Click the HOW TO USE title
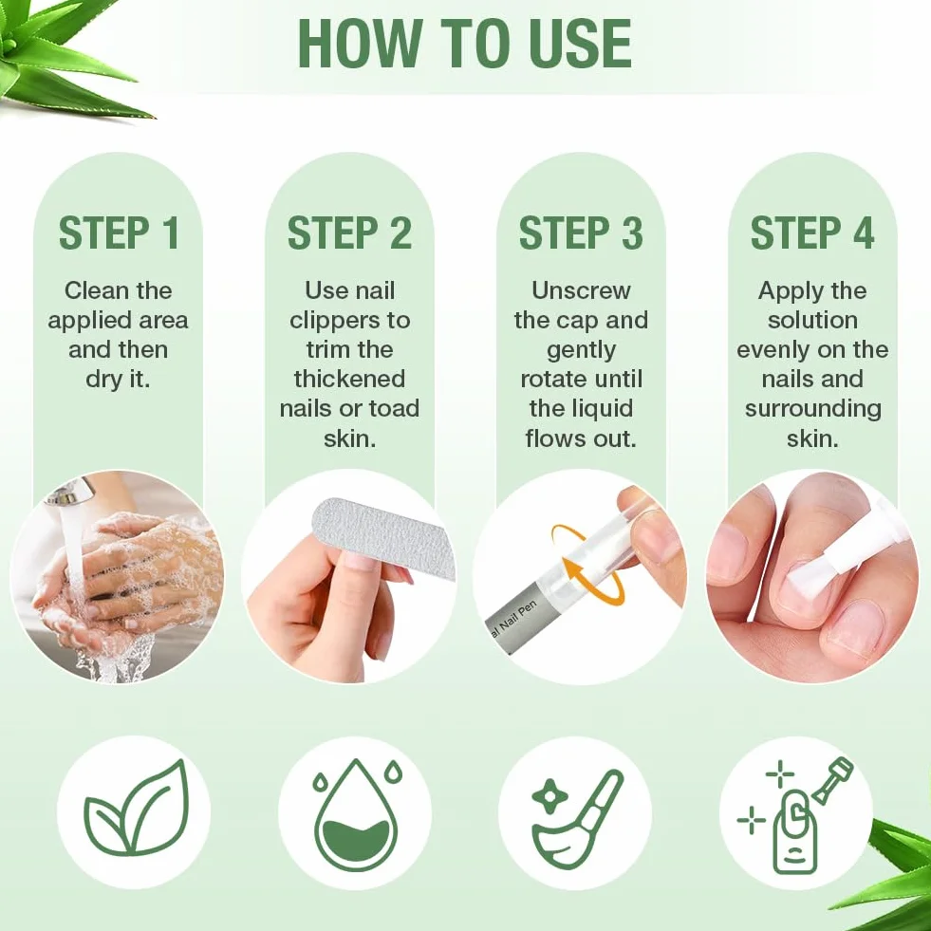(465, 44)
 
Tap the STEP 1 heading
(119, 233)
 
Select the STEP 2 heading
(349, 233)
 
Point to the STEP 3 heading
(581, 233)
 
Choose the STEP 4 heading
(812, 233)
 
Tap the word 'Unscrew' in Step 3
(581, 290)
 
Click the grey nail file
(383, 535)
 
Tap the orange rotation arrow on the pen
(587, 564)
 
